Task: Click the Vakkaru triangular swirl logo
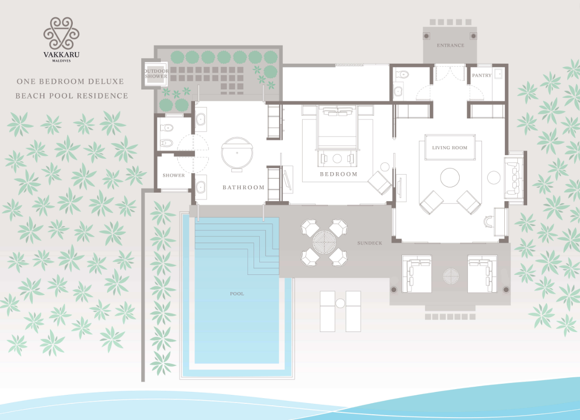(x=61, y=33)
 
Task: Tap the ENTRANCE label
(x=450, y=46)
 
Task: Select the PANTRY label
(x=482, y=75)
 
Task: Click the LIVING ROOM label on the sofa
(x=450, y=148)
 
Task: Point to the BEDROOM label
(x=339, y=174)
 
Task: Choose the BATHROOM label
(x=244, y=187)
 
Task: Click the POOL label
(x=237, y=294)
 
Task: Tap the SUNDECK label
(x=370, y=243)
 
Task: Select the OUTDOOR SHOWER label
(x=156, y=74)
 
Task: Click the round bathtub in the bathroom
(x=236, y=153)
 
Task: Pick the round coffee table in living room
(x=450, y=177)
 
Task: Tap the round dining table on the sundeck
(x=324, y=243)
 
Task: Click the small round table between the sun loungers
(x=340, y=303)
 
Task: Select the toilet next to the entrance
(x=403, y=75)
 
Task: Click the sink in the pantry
(x=499, y=74)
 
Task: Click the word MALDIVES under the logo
(x=61, y=61)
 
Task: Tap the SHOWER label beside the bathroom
(x=174, y=176)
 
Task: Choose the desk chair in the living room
(x=488, y=221)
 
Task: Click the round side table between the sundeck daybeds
(x=451, y=276)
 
